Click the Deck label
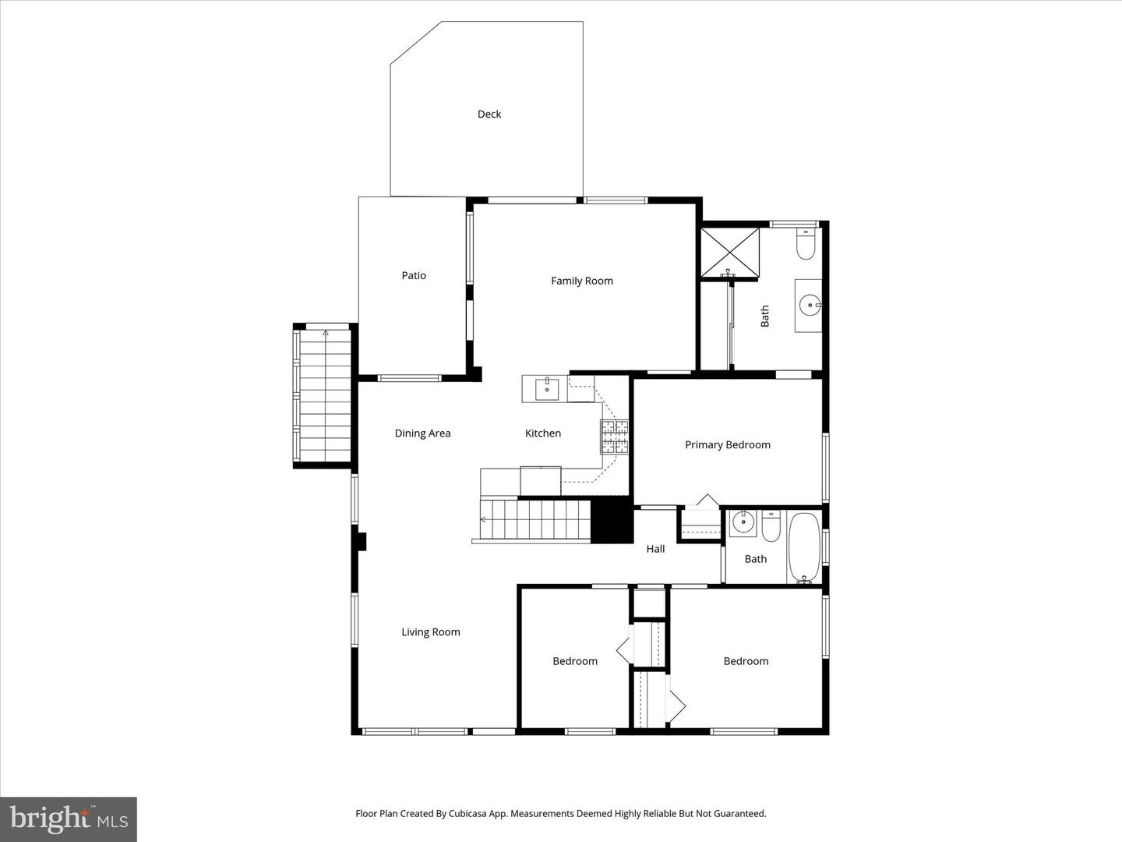coord(489,114)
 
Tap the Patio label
coord(414,275)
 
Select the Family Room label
coord(582,281)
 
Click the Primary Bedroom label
coord(728,444)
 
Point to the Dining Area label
coord(422,433)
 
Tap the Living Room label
coord(431,632)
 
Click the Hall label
coord(655,549)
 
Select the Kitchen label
coord(543,433)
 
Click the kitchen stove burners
coord(614,437)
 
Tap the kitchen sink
coord(548,388)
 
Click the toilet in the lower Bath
coord(771,526)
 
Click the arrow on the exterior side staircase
coord(326,334)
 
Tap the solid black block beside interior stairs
coord(612,520)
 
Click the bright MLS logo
coord(69,819)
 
